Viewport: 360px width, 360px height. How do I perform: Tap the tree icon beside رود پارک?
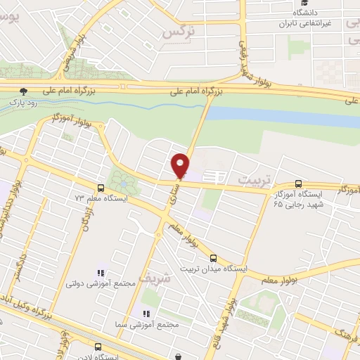coord(24,91)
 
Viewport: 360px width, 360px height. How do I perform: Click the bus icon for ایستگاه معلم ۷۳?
coord(101,188)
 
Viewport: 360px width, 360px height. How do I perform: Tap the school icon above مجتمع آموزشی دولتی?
coord(100,273)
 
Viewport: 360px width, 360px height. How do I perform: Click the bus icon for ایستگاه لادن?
coord(98,347)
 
